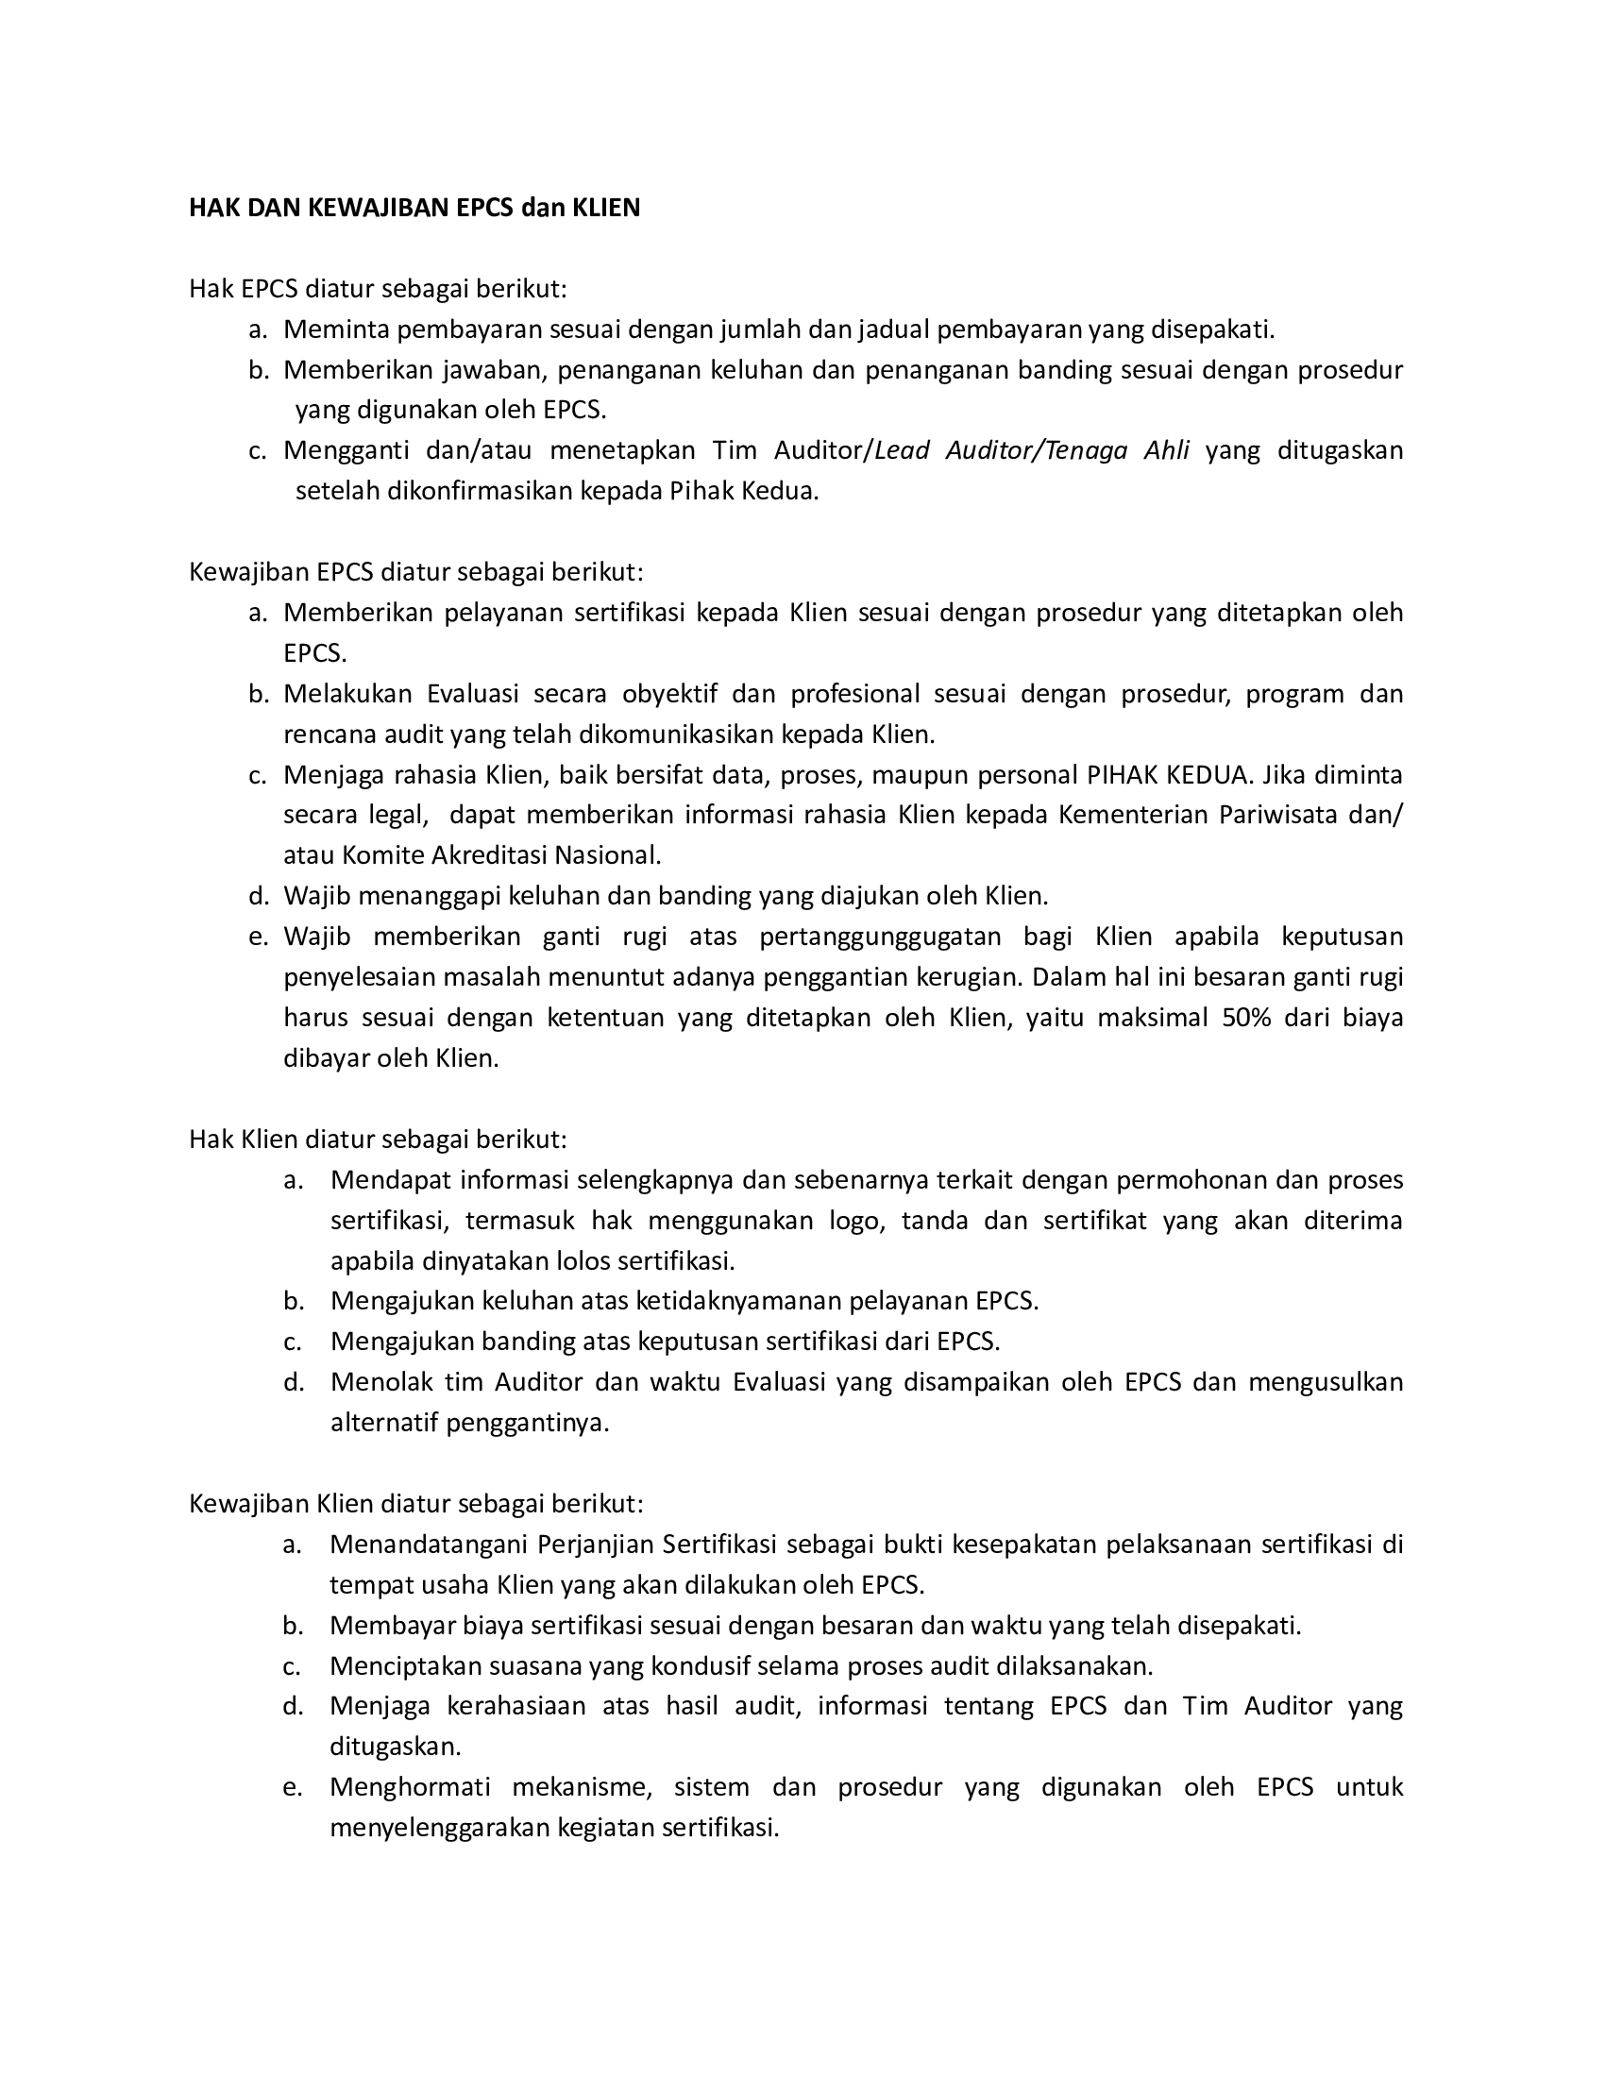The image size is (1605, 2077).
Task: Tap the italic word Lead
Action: click(x=903, y=449)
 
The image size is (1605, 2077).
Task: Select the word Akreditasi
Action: click(x=490, y=856)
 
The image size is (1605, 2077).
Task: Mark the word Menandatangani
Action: click(x=427, y=1544)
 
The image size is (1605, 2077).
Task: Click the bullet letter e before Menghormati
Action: click(x=292, y=1787)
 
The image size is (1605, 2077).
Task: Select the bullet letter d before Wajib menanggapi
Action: click(x=258, y=896)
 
